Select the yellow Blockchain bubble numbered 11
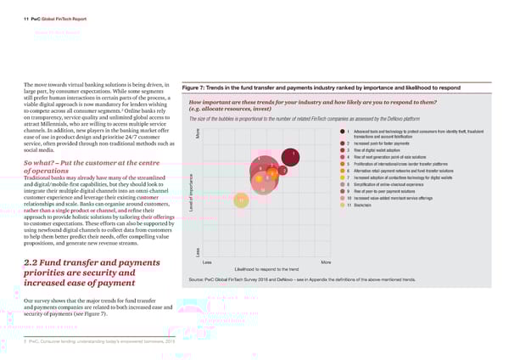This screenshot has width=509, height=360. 243,200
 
